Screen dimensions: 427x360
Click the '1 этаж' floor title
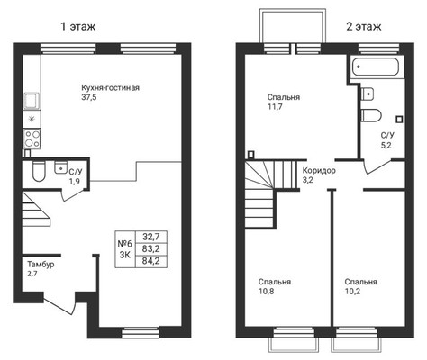click(78, 27)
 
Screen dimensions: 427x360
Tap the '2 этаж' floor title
click(364, 27)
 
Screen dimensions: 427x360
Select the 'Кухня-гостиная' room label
click(110, 88)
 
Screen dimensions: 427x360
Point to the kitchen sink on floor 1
click(32, 101)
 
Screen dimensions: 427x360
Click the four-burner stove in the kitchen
click(32, 139)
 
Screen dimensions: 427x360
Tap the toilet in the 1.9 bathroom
click(39, 172)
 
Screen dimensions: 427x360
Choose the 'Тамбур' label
click(41, 265)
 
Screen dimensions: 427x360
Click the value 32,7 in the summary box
click(150, 237)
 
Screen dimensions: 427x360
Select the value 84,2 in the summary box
click(150, 261)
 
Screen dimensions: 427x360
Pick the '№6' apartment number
click(124, 243)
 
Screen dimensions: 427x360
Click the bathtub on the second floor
click(376, 67)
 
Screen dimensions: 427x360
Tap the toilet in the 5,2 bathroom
click(371, 115)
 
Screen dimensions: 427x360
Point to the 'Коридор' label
click(319, 171)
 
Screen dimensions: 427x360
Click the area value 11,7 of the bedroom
click(275, 106)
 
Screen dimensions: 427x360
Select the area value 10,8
click(266, 291)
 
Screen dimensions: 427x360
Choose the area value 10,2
click(352, 291)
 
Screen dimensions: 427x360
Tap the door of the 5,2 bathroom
click(377, 166)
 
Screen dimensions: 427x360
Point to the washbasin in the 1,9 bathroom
click(60, 167)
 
